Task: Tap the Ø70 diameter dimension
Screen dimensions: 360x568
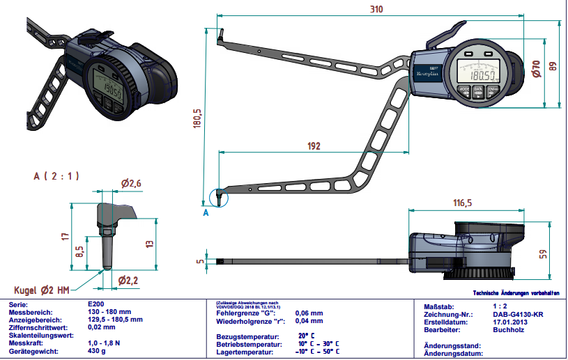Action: coord(536,68)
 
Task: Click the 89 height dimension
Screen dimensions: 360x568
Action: coord(553,66)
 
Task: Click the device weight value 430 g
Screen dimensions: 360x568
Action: coord(98,352)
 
